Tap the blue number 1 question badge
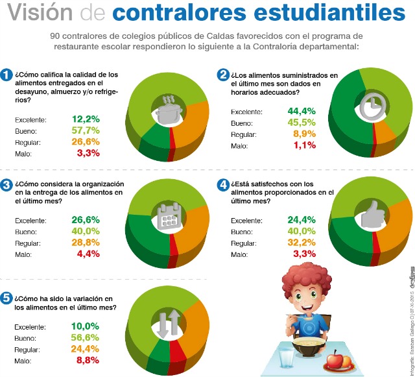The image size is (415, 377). click(6, 76)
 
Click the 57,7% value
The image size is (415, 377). click(86, 131)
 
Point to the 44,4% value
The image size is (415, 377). click(301, 111)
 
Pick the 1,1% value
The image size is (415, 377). click(303, 145)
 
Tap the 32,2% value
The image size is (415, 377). click(301, 242)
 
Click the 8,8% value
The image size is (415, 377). click(87, 360)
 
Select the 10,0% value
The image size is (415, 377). click(85, 326)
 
